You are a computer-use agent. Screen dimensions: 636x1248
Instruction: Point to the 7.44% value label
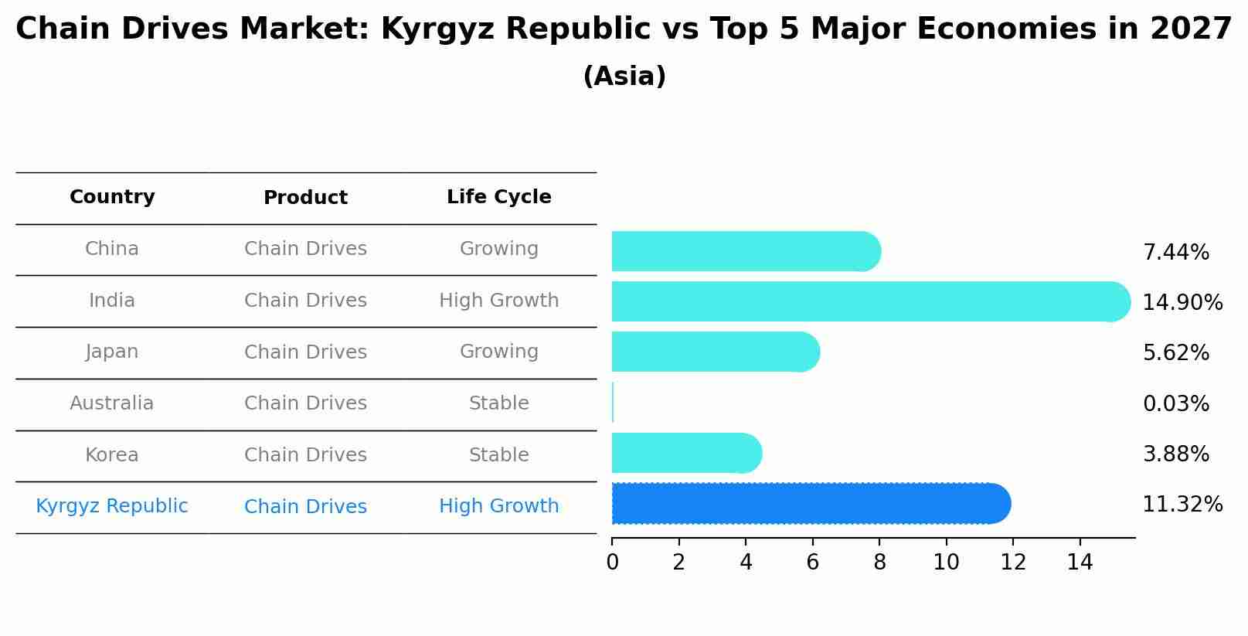point(1175,253)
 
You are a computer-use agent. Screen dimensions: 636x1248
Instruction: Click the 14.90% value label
point(1182,303)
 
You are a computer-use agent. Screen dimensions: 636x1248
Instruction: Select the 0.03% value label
point(1175,404)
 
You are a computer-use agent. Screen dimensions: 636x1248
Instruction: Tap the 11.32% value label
point(1182,505)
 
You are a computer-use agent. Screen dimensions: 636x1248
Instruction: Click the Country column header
point(112,197)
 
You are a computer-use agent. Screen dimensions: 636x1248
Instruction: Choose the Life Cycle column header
point(498,197)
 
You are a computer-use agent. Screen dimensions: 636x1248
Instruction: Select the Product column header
point(305,198)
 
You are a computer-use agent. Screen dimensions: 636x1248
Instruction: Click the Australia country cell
point(112,403)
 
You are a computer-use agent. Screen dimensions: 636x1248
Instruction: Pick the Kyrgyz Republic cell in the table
point(112,506)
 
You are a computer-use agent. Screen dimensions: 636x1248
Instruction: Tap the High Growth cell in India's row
point(498,301)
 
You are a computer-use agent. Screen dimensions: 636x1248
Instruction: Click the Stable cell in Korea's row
point(498,455)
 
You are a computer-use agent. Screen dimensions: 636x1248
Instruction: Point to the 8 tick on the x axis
point(879,563)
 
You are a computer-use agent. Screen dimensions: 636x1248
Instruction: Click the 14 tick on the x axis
point(1080,563)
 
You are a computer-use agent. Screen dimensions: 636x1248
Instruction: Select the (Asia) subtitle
point(624,77)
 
